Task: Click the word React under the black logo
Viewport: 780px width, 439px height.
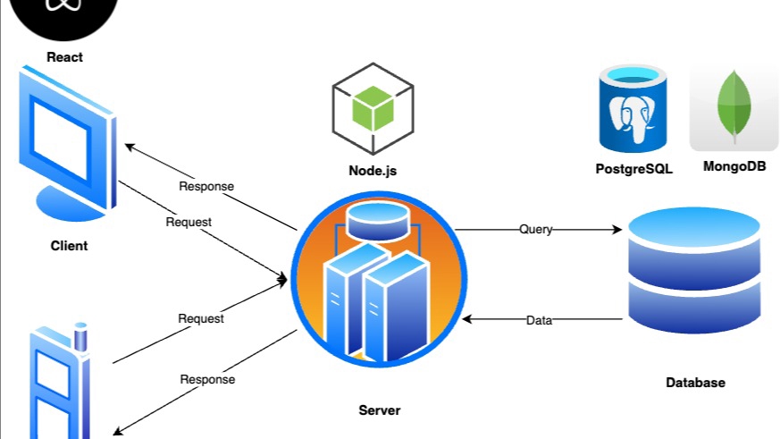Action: (64, 57)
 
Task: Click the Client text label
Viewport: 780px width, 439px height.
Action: (69, 245)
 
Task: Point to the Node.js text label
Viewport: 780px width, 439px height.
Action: (373, 171)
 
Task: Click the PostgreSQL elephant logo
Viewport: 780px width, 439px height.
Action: (634, 113)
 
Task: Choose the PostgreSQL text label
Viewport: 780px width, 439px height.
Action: (633, 168)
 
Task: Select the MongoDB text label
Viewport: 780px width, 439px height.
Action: (734, 166)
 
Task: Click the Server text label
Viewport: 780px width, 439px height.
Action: (380, 410)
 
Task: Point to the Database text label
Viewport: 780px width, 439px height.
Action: (695, 383)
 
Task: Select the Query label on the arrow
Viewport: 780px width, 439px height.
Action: (536, 229)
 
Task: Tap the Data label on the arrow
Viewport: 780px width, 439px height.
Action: (539, 319)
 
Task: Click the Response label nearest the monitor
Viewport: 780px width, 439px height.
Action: (206, 187)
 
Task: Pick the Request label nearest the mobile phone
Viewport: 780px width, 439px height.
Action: (201, 317)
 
